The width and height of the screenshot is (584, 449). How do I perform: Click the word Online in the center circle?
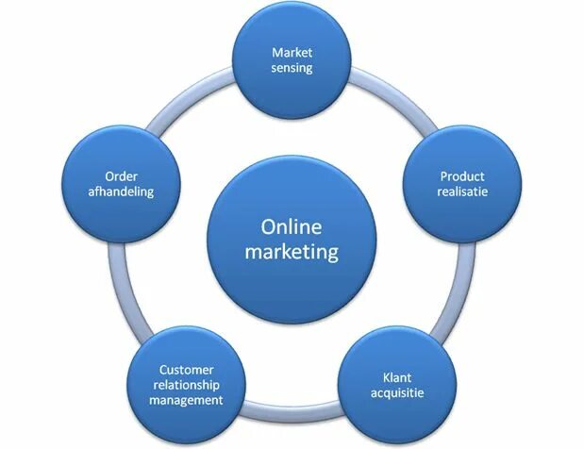[x=291, y=227]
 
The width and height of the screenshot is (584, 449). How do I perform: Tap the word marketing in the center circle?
[x=291, y=252]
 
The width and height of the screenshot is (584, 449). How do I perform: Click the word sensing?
[x=291, y=68]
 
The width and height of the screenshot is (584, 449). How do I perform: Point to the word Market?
[x=291, y=52]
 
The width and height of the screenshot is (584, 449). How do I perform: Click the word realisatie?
[x=462, y=192]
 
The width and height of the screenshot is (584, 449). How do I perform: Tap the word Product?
[x=462, y=176]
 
